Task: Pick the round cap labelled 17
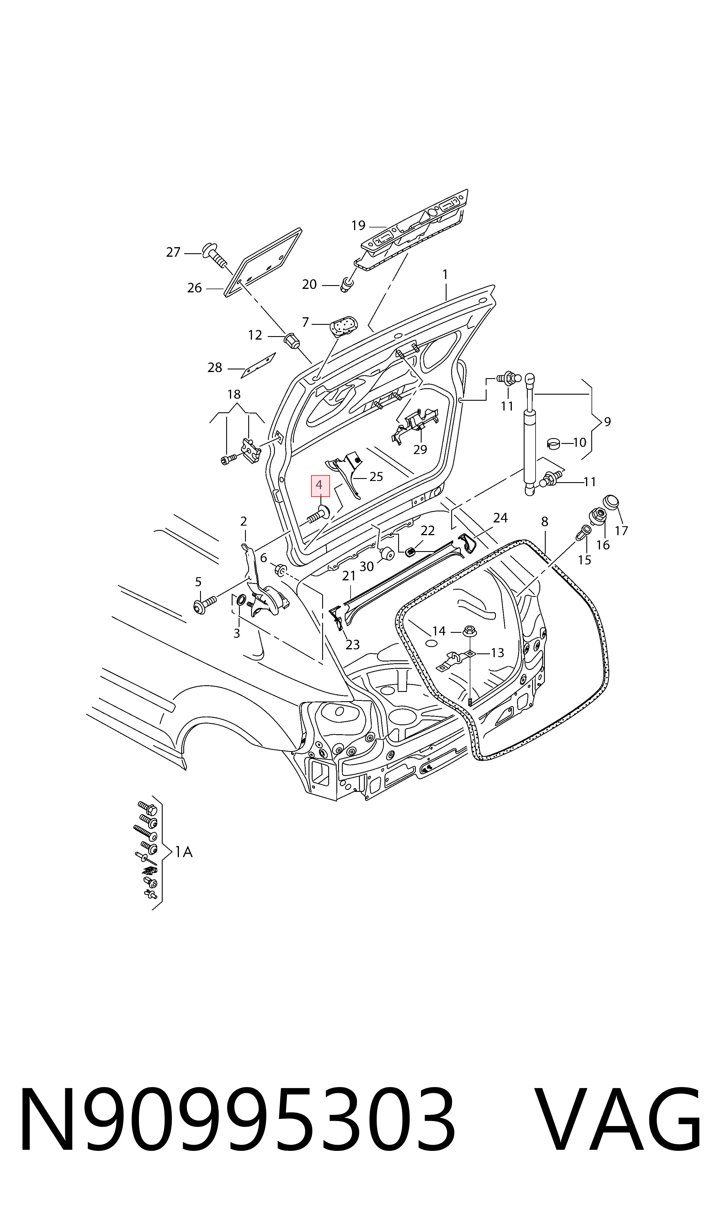611,503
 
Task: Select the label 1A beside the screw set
183,852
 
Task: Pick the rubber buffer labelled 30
387,553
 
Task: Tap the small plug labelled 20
347,285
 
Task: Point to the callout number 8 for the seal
545,522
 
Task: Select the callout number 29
420,449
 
